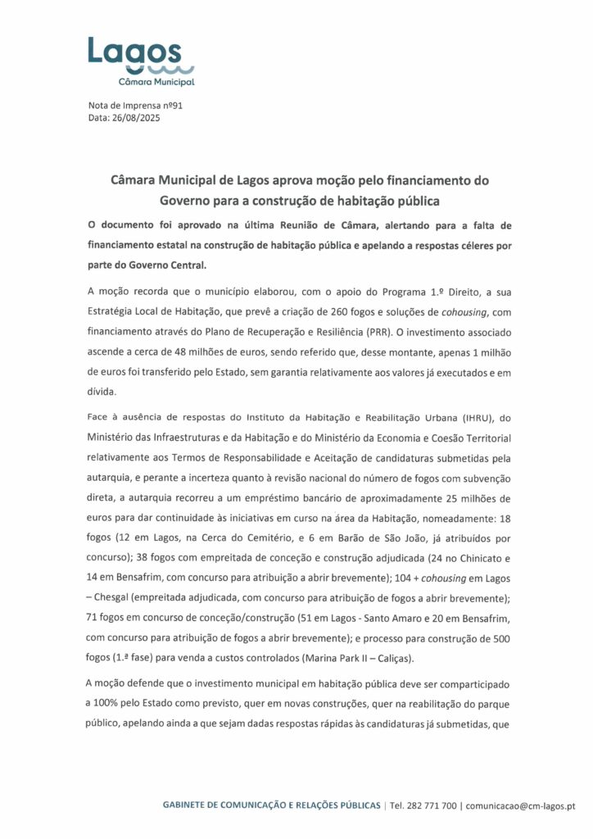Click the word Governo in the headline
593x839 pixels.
[189, 199]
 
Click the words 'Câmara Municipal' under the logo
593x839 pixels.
[156, 82]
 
